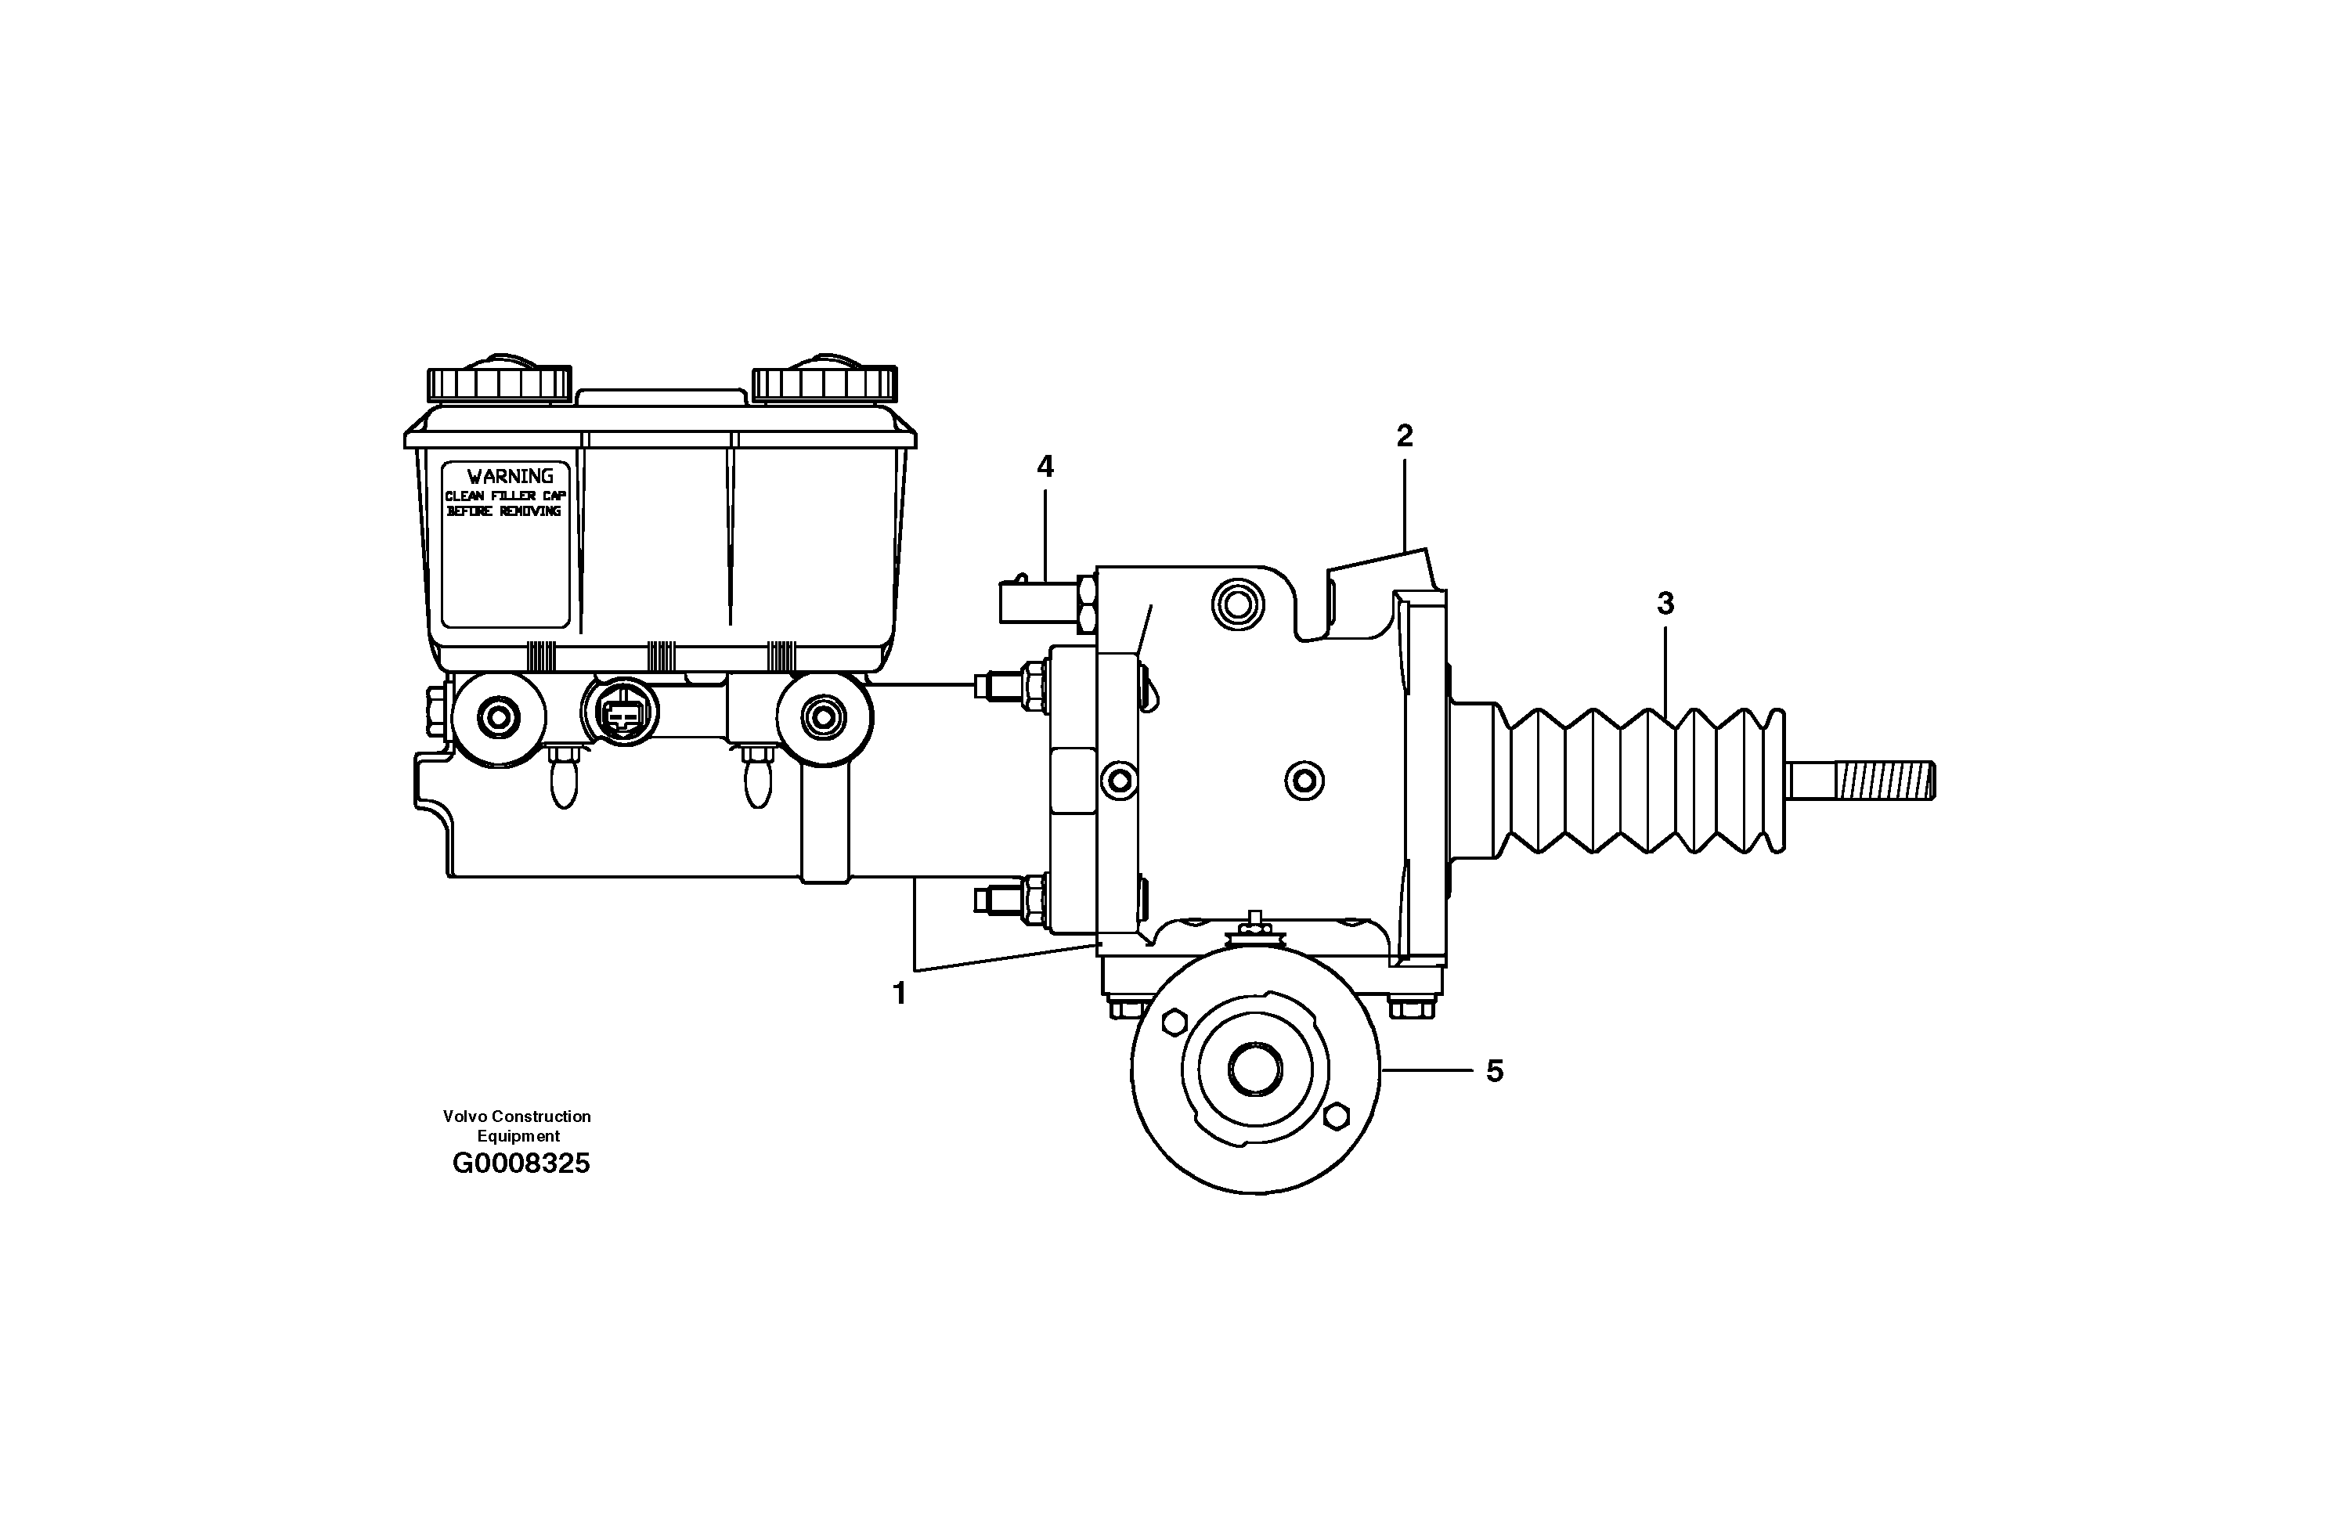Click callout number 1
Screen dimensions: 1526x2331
tap(899, 993)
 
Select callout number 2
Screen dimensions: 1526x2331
tap(1405, 437)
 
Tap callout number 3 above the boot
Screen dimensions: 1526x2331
tap(1665, 604)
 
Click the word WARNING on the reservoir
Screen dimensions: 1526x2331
tap(509, 477)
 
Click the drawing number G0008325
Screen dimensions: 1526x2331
tap(521, 1164)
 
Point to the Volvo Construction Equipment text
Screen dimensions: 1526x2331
tap(517, 1125)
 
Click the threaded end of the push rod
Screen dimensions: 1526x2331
tap(1883, 781)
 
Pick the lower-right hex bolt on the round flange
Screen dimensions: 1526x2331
tap(1336, 1117)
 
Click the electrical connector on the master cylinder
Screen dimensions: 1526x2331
tap(619, 716)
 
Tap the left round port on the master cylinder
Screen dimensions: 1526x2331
tap(499, 718)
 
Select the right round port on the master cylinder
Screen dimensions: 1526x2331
tap(823, 717)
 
